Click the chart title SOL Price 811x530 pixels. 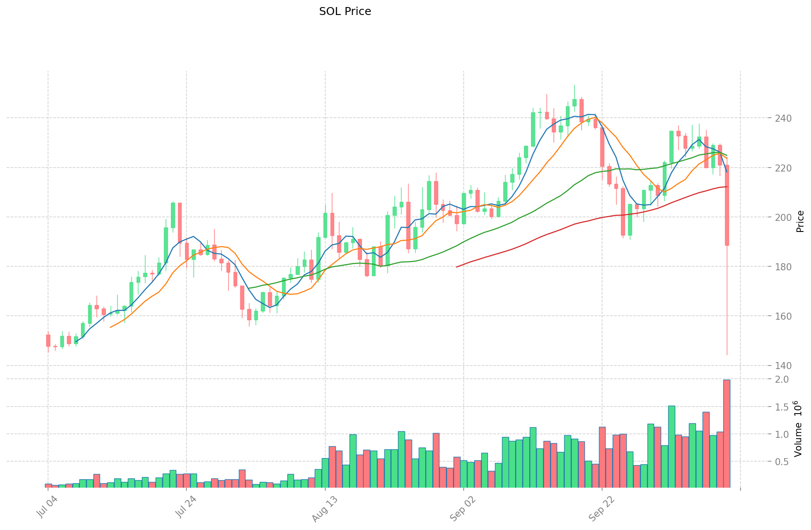click(345, 11)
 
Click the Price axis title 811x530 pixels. click(800, 221)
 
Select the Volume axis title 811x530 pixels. click(798, 429)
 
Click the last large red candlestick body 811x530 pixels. click(727, 205)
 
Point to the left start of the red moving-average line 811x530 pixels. click(457, 267)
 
